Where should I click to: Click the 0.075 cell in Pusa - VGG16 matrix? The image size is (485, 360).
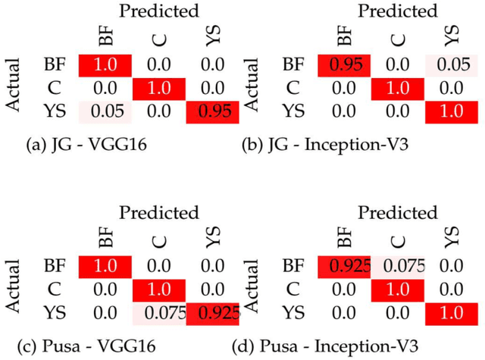coord(161,312)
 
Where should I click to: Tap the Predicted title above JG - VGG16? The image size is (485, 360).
coord(160,11)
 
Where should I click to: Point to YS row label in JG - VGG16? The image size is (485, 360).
coord(54,112)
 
